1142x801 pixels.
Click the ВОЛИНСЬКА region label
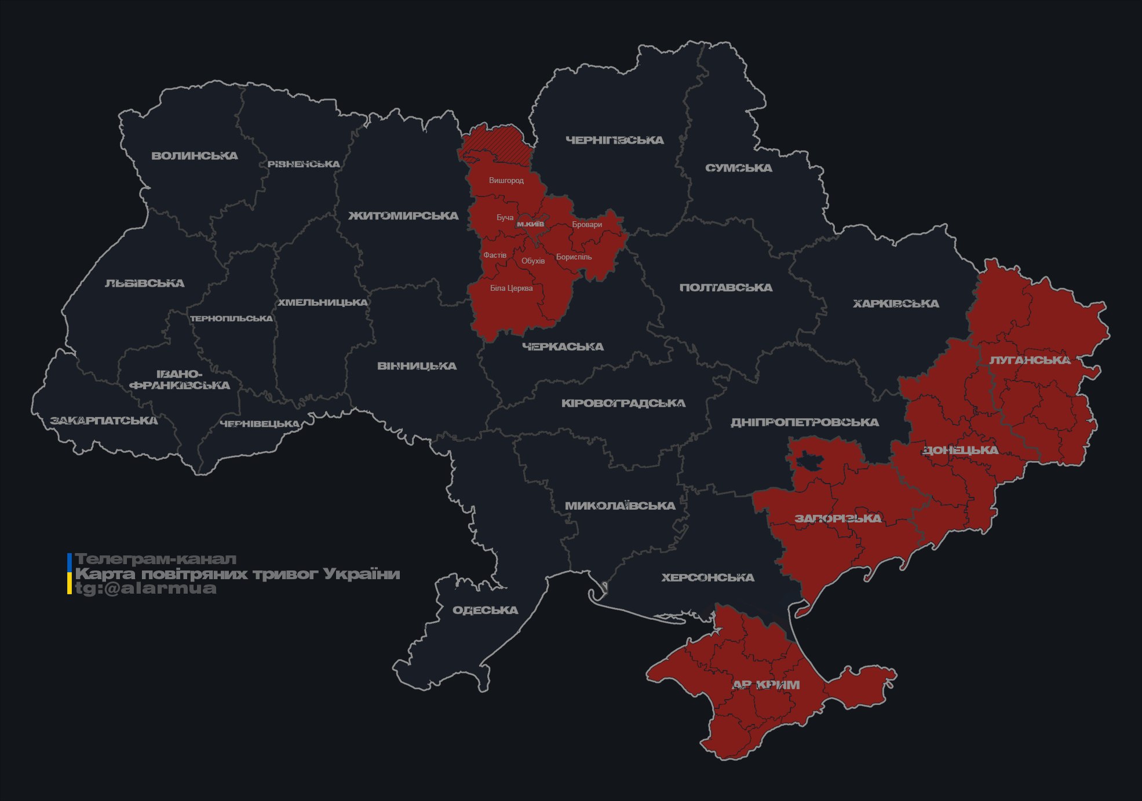click(x=194, y=156)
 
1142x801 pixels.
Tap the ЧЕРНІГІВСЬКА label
click(x=614, y=140)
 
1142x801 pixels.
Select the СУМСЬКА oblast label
click(x=738, y=168)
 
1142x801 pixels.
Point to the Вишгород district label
click(x=506, y=181)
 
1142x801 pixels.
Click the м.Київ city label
click(x=530, y=224)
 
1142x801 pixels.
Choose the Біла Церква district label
click(x=511, y=288)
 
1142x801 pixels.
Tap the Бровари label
click(x=586, y=225)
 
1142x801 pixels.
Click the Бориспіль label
click(x=574, y=257)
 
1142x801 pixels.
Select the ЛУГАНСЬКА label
click(x=1030, y=360)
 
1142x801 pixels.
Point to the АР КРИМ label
click(x=766, y=685)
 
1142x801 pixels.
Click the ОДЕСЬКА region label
click(x=485, y=610)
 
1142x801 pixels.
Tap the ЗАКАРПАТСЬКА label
click(x=104, y=420)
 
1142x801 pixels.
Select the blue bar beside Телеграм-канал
click(x=70, y=561)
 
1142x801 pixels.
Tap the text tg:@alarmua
click(x=145, y=588)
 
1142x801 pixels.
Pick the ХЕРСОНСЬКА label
click(x=707, y=578)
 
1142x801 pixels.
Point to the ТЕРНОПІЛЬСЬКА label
click(x=231, y=319)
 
